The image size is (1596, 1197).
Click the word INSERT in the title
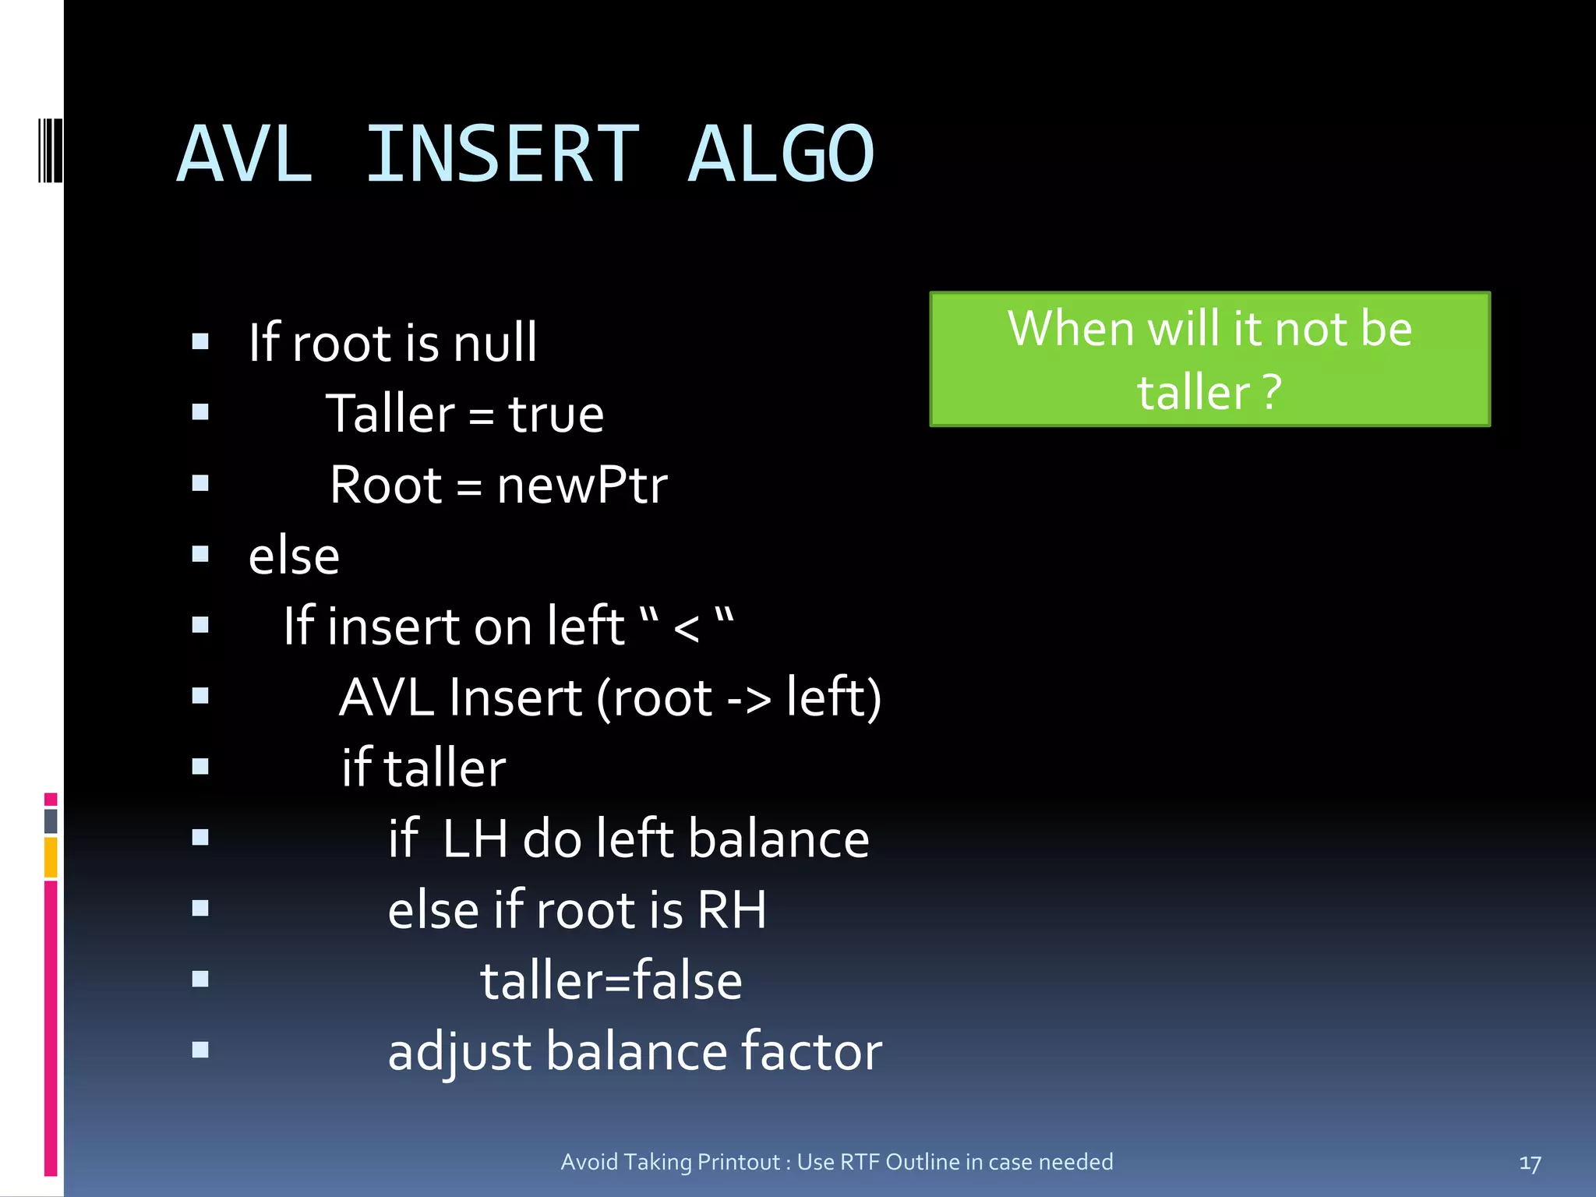[x=503, y=154]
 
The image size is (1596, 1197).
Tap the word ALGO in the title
[x=781, y=154]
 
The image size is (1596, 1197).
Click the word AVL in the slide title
[x=245, y=154]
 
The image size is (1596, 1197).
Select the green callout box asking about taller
[x=1209, y=359]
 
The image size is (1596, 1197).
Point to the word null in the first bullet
[x=495, y=343]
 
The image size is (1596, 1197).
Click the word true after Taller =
[x=556, y=414]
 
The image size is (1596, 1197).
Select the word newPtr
[x=581, y=486]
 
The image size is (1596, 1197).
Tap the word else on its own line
[x=294, y=557]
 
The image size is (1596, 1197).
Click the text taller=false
[x=611, y=981]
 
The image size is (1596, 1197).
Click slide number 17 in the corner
[x=1530, y=1163]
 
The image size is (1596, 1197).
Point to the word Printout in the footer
[x=739, y=1162]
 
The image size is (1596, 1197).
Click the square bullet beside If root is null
[x=200, y=341]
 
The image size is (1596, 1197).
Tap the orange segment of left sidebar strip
[x=51, y=856]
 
